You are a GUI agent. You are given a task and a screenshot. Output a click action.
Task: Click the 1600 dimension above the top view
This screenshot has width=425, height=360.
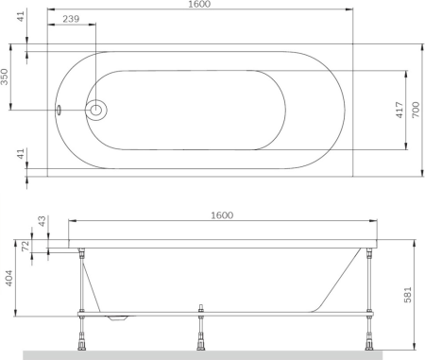(x=197, y=6)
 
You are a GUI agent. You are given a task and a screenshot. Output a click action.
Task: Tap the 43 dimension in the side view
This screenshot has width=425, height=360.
(x=40, y=221)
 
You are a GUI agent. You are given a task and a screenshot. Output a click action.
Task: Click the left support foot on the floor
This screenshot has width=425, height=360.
(x=85, y=344)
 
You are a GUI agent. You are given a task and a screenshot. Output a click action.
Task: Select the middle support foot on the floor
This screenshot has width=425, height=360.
(x=200, y=344)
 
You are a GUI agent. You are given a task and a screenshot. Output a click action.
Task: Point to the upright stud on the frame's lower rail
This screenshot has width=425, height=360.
(x=200, y=308)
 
